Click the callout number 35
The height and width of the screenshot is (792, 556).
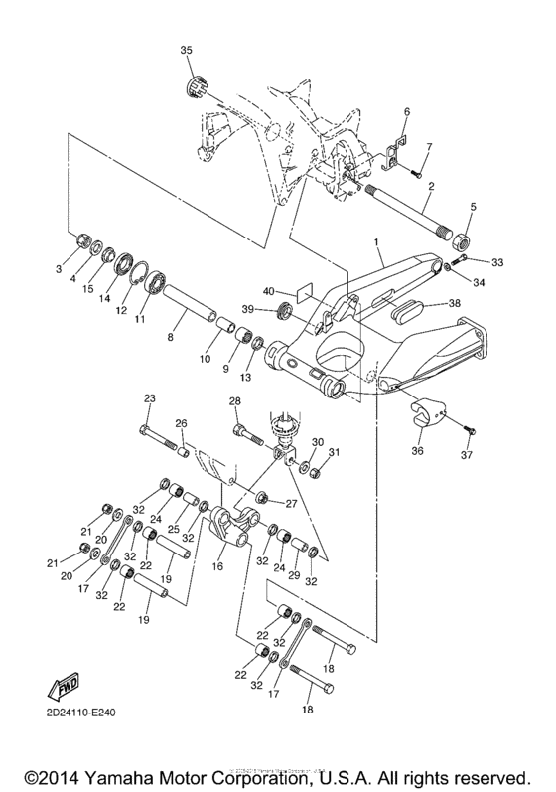(187, 50)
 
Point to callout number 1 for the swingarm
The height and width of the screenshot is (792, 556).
(376, 242)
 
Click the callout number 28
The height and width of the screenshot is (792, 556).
(234, 401)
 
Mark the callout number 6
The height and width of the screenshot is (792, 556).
(405, 111)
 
